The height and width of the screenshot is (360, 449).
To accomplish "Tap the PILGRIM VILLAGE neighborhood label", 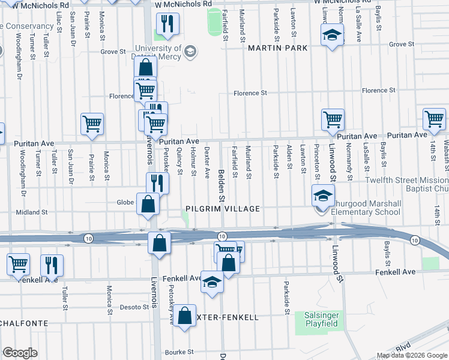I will pyautogui.click(x=221, y=209).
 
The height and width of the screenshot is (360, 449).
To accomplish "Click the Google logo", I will pyautogui.click(x=20, y=352).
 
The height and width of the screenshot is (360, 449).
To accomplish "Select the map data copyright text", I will pyautogui.click(x=411, y=355).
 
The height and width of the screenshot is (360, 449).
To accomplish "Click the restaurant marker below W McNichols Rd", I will pyautogui.click(x=167, y=24).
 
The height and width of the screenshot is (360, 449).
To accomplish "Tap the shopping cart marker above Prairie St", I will pyautogui.click(x=92, y=124).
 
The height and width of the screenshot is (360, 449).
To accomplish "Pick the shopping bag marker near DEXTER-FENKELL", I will pyautogui.click(x=186, y=316).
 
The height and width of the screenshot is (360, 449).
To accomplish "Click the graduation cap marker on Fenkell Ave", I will pyautogui.click(x=212, y=281).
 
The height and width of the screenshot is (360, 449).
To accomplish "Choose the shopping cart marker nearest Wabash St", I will pyautogui.click(x=435, y=119).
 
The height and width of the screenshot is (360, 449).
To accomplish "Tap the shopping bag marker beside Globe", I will pyautogui.click(x=148, y=204).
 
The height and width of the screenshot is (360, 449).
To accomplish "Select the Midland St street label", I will pyautogui.click(x=31, y=212).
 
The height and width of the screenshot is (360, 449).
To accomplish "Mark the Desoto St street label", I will pyautogui.click(x=134, y=307).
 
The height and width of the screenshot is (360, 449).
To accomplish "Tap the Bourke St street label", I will pyautogui.click(x=181, y=352).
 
